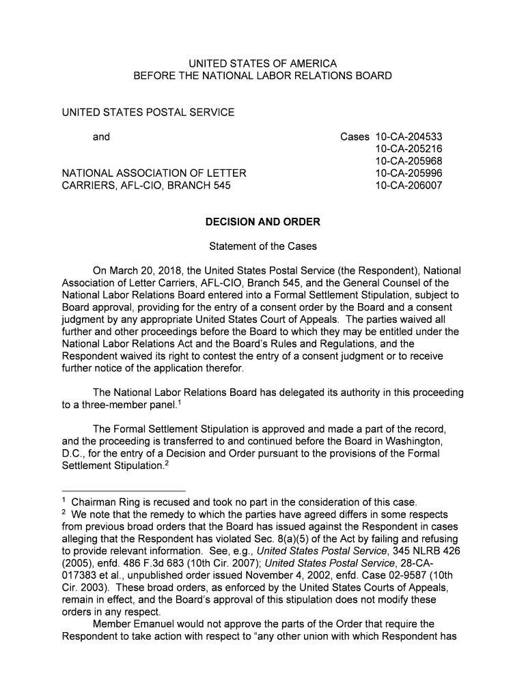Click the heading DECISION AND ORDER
point(263,223)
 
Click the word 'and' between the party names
point(101,137)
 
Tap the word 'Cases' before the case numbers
point(355,137)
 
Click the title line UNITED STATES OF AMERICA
point(263,63)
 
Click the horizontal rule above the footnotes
point(124,491)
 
